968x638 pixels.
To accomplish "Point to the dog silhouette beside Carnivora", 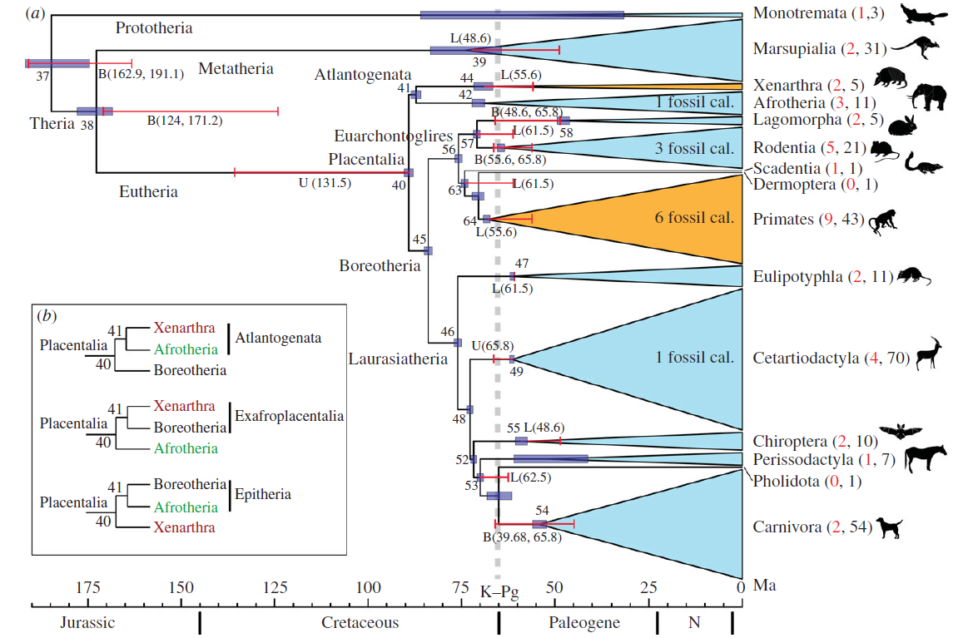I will (888, 528).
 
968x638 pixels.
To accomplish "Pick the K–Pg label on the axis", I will (499, 593).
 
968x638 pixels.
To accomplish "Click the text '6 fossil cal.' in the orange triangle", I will (694, 218).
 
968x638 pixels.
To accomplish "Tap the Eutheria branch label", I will (148, 191).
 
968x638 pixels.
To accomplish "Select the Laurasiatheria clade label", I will (398, 359).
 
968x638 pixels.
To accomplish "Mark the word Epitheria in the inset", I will (263, 494).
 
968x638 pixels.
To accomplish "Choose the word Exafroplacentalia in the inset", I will (290, 415).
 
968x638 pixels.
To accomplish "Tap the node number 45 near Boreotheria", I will (419, 240).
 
